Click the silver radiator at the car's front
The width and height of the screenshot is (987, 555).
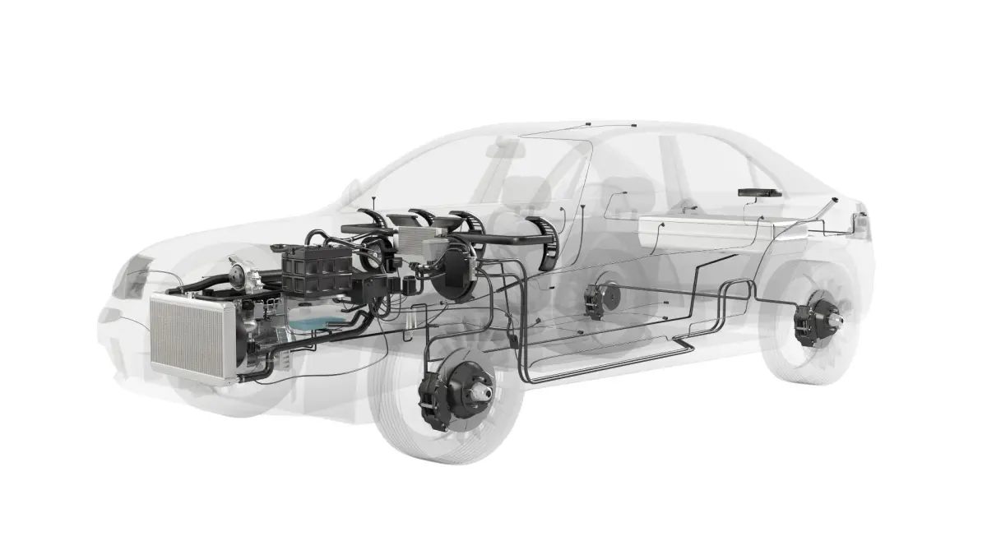click(x=194, y=337)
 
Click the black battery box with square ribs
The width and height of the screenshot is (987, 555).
click(x=317, y=270)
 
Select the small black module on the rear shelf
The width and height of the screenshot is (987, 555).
click(x=758, y=192)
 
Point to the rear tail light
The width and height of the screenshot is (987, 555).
click(x=861, y=223)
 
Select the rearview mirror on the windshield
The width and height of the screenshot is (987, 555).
click(x=503, y=149)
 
